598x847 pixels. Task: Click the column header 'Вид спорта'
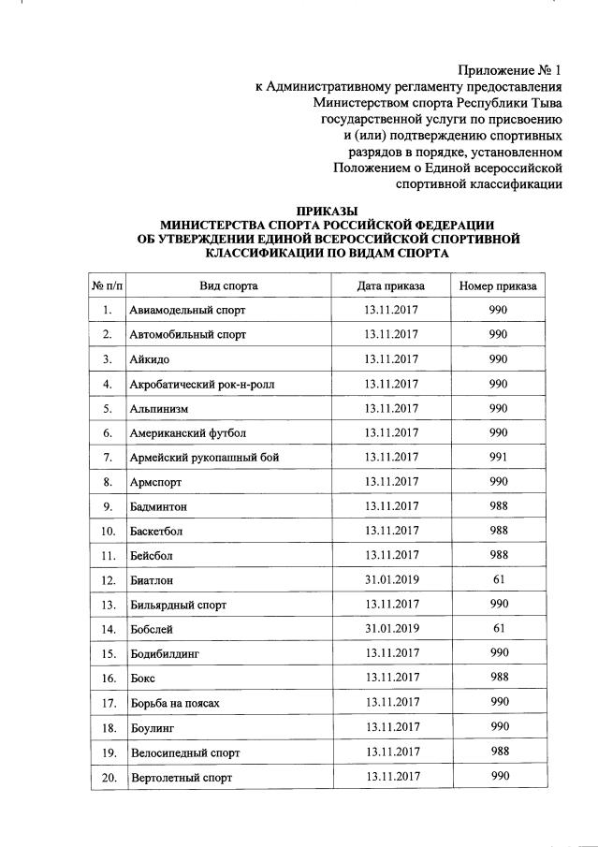click(x=228, y=285)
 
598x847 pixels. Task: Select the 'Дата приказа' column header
click(x=390, y=285)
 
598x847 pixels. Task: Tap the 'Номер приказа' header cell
click(x=498, y=285)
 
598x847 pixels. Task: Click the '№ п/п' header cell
click(x=108, y=285)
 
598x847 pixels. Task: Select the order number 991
click(x=498, y=458)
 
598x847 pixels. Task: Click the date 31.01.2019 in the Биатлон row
click(x=391, y=580)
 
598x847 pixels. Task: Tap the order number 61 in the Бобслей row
click(x=498, y=629)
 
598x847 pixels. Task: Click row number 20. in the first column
click(x=109, y=777)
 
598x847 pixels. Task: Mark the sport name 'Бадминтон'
click(x=158, y=506)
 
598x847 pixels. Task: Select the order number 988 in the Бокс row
click(x=498, y=678)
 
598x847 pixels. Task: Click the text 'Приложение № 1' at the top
click(x=510, y=71)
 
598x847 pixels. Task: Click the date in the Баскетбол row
click(x=391, y=531)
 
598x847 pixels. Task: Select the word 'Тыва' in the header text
click(x=543, y=103)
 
